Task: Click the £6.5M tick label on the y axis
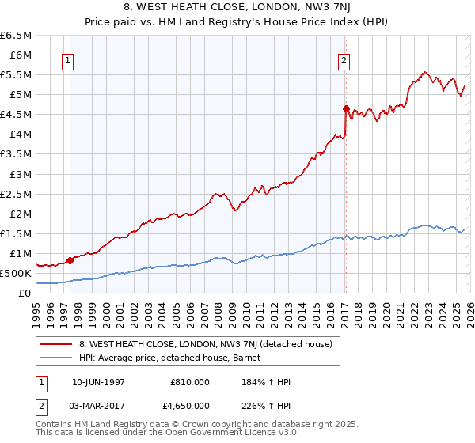(17, 36)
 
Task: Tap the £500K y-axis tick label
(17, 273)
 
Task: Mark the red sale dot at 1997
(70, 259)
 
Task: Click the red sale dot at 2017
(346, 108)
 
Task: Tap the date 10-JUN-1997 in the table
(97, 383)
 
